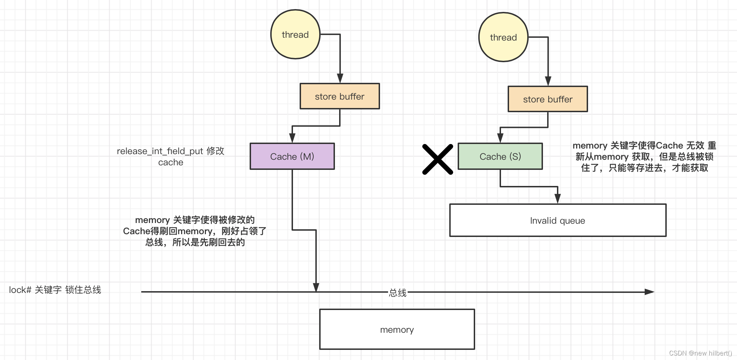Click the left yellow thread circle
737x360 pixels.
pyautogui.click(x=295, y=34)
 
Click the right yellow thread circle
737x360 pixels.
pyautogui.click(x=503, y=37)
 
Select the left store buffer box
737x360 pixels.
pyautogui.click(x=339, y=96)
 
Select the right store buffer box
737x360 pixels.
pyautogui.click(x=548, y=99)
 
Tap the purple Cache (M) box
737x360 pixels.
pyautogui.click(x=292, y=156)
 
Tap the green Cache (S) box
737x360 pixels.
pyautogui.click(x=500, y=156)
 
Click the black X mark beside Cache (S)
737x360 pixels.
pyautogui.click(x=437, y=159)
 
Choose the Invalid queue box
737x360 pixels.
pyautogui.click(x=558, y=220)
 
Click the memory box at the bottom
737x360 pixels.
pyautogui.click(x=397, y=329)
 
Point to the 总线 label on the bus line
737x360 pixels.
pyautogui.click(x=398, y=293)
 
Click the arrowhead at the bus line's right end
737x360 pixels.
pyautogui.click(x=649, y=292)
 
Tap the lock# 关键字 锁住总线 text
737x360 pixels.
pyautogui.click(x=55, y=290)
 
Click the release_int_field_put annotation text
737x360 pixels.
pyautogui.click(x=171, y=156)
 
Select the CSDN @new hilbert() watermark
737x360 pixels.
pyautogui.click(x=700, y=353)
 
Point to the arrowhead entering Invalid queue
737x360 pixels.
pyautogui.click(x=558, y=199)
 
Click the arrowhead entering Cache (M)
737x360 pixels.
pyautogui.click(x=292, y=138)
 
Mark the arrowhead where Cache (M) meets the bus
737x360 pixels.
pyautogui.click(x=316, y=288)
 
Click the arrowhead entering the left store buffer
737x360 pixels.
pyautogui.click(x=340, y=79)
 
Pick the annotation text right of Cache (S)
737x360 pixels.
pyautogui.click(x=644, y=157)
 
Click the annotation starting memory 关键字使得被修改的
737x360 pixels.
pyautogui.click(x=195, y=231)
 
